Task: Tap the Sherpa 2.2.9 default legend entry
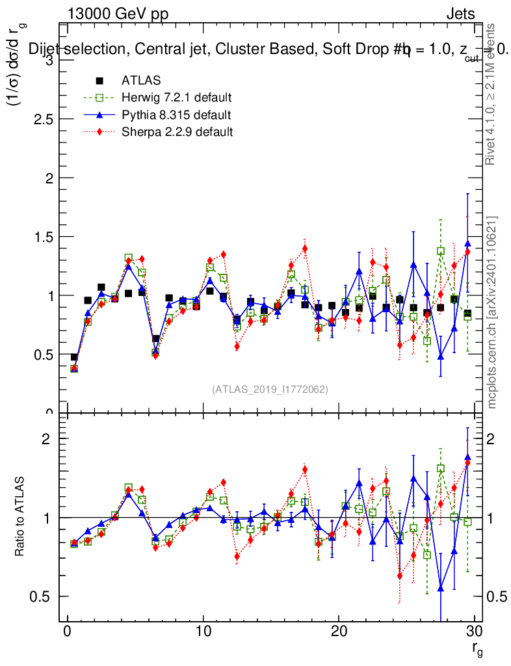177,131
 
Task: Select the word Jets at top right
460,14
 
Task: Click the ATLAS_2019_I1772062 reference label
270,390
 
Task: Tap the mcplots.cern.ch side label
492,312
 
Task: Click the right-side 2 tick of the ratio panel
492,438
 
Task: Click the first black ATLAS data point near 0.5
74,357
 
